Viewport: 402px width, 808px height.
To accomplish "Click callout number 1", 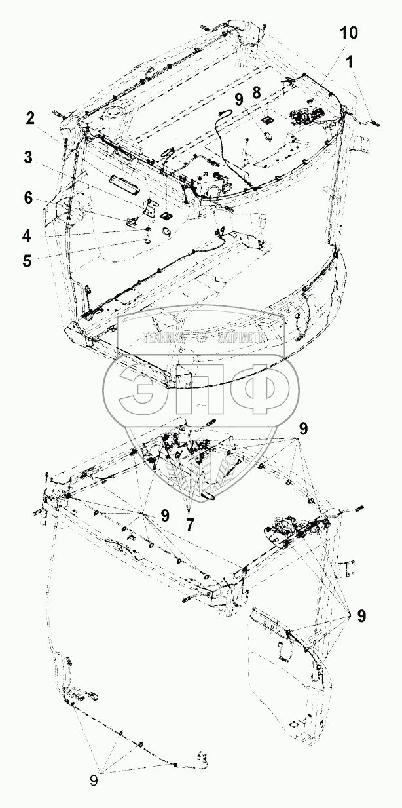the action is [351, 63].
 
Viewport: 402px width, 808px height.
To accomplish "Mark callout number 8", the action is [256, 94].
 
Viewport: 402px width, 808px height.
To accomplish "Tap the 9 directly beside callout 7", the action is [165, 516].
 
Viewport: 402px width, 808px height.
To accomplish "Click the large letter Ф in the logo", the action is [257, 391].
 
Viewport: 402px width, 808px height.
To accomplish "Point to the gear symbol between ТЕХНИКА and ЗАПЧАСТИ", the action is [202, 338].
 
